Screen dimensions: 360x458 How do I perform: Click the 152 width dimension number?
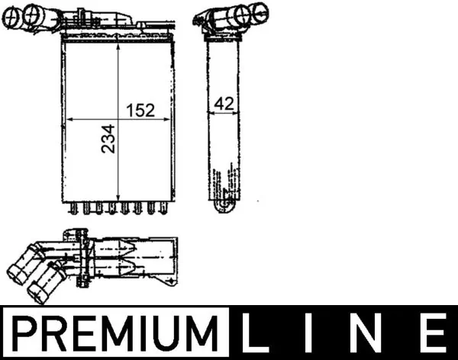point(140,111)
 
